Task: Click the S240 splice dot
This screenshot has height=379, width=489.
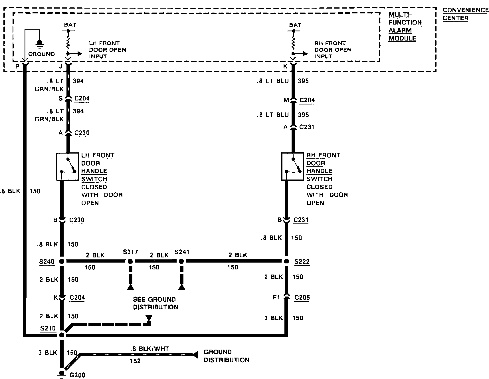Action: coord(62,261)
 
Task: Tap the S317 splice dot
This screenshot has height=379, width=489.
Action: coord(130,261)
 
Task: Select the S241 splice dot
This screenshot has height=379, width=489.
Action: coord(181,261)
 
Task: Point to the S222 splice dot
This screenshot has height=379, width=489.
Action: coord(286,261)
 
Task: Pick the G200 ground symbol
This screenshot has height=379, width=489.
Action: coord(62,374)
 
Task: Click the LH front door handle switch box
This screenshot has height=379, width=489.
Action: coord(68,167)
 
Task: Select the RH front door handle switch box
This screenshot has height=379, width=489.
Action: coord(292,167)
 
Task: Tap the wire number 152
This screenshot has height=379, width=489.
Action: coord(135,361)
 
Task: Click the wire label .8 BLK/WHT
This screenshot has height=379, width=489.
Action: coord(149,348)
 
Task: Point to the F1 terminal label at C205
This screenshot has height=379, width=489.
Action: coord(276,298)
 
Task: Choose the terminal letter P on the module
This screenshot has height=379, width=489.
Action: coord(17,66)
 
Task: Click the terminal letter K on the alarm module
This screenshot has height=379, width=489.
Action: coord(285,66)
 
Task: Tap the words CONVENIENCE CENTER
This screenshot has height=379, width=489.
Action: coord(465,14)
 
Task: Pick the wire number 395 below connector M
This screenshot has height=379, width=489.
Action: coord(303,115)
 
